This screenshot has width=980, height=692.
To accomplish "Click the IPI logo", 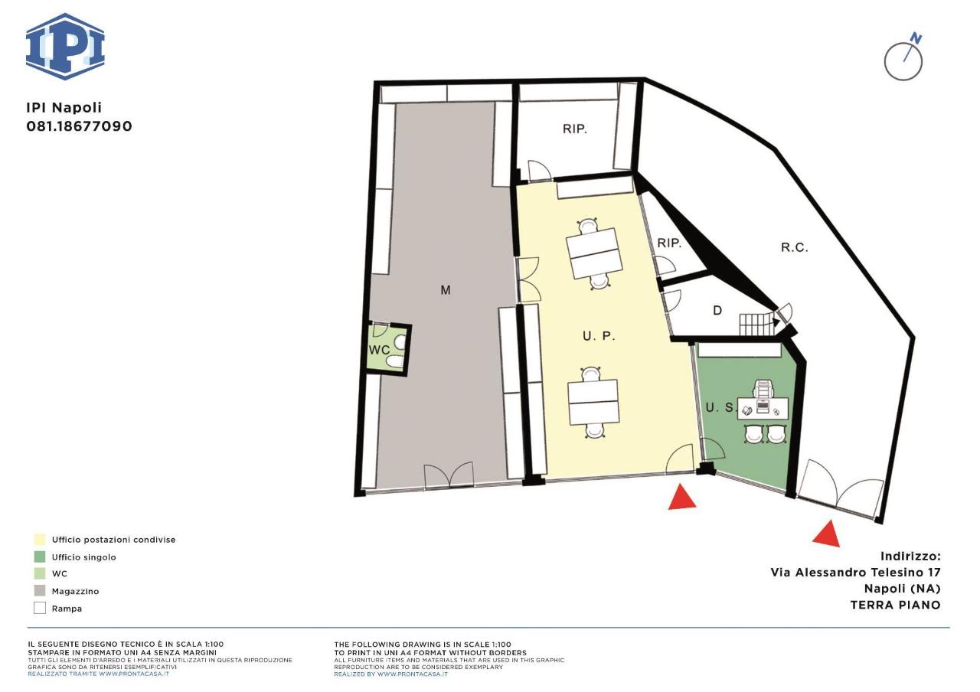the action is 65,47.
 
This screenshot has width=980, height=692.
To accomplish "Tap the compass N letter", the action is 913,39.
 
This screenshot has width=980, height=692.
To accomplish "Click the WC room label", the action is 379,350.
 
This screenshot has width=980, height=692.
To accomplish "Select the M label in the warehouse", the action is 446,290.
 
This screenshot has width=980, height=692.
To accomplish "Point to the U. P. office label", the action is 599,336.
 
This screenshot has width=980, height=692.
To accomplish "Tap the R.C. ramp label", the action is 795,247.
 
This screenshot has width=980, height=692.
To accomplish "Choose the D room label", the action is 717,311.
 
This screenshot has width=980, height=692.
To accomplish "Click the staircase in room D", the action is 755,324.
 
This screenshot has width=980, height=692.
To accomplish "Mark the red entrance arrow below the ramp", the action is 827,534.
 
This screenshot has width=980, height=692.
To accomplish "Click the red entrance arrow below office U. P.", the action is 682,498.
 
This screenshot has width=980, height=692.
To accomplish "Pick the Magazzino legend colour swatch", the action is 40,590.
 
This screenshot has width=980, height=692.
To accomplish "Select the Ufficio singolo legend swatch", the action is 40,557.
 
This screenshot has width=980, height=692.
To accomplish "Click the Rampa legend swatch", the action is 40,608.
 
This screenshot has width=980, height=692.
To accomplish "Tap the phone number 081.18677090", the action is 79,126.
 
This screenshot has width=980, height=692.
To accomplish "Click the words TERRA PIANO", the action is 896,605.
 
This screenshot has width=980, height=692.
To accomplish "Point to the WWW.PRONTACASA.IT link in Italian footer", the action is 133,674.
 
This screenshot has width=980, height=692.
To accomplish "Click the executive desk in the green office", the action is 763,408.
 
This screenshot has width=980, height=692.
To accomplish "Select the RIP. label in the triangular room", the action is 670,243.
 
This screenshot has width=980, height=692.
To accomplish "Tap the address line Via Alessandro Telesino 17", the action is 855,572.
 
